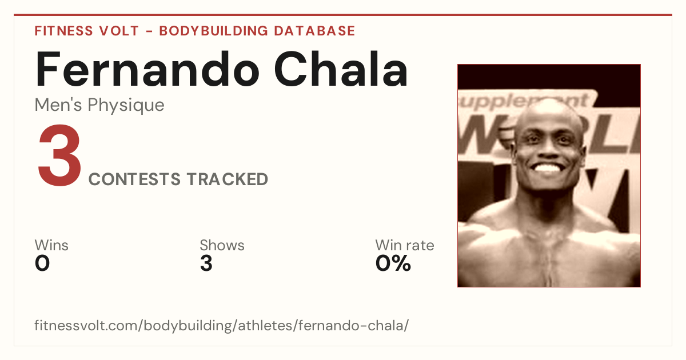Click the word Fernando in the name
pos(147,69)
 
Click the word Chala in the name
pos(341,69)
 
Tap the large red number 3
pos(59,155)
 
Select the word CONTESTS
pos(134,179)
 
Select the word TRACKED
pos(228,179)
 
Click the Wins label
pos(51,245)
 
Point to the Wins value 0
pos(42,263)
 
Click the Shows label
pos(222,245)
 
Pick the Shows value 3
pos(206,263)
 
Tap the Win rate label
pos(405,245)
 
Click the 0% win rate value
pos(393,263)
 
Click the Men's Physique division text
pos(99,105)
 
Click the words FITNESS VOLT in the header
pos(87,31)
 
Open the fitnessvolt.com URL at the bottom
pos(221,325)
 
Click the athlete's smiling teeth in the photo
pos(547,168)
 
